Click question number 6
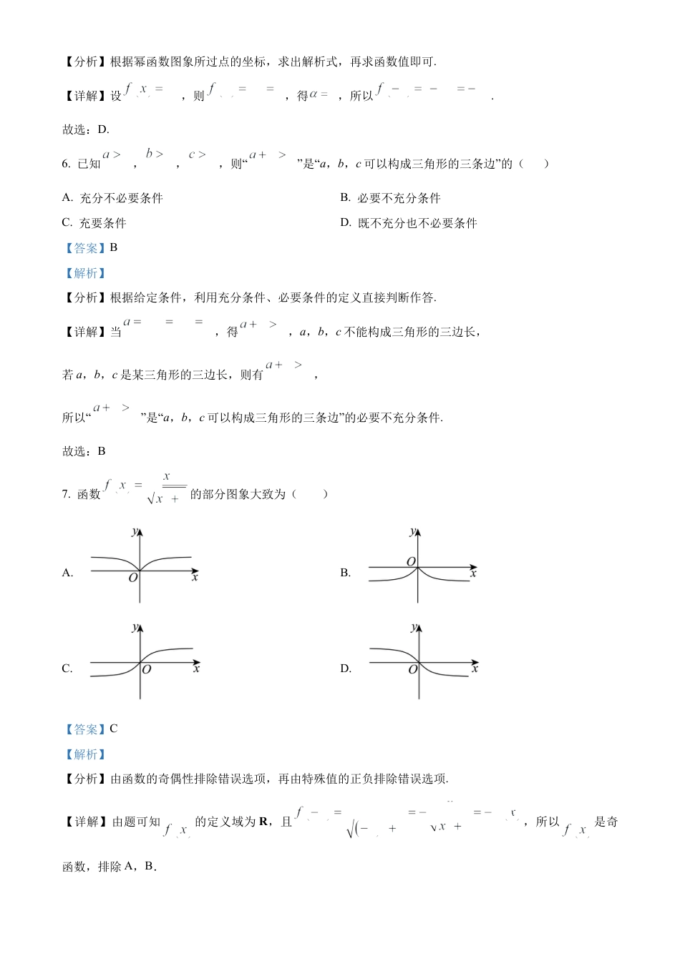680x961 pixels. click(x=66, y=164)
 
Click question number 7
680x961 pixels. click(x=66, y=494)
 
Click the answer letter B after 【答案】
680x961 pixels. click(x=114, y=247)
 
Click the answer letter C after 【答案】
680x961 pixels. click(x=114, y=729)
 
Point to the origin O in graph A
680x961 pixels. click(x=133, y=578)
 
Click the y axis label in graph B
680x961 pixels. click(x=412, y=531)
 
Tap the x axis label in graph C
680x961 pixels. click(x=196, y=669)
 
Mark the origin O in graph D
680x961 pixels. click(x=412, y=669)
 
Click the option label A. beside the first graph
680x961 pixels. click(x=68, y=573)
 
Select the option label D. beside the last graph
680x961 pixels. click(x=346, y=669)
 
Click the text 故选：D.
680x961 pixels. click(x=86, y=129)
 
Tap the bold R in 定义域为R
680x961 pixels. click(x=263, y=822)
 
